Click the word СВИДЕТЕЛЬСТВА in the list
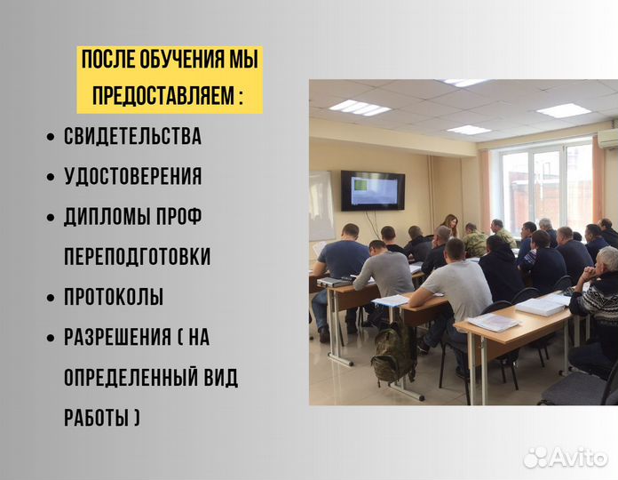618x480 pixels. point(132,137)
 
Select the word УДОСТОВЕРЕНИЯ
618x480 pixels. point(132,177)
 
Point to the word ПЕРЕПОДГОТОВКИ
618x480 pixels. point(137,257)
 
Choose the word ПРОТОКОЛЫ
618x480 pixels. point(114,298)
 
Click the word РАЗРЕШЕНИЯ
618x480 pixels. point(117,338)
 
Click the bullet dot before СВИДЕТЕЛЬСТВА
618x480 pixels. point(50,138)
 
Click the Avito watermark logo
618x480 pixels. point(565,456)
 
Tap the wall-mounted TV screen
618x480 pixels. point(372,189)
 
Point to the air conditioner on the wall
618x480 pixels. point(607,139)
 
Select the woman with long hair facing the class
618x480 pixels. point(450,226)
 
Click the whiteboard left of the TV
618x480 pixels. point(321,205)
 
